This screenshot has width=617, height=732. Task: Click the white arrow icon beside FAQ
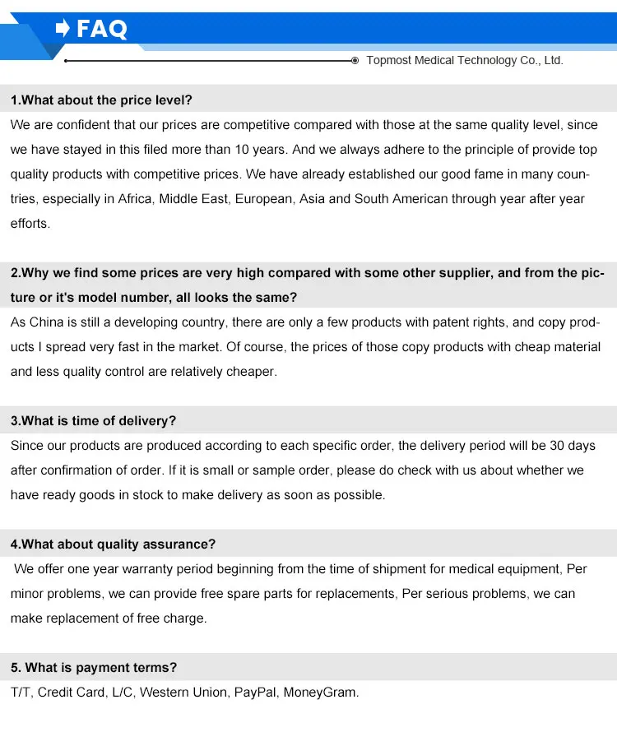[63, 29]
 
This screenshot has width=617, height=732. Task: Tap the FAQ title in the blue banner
[102, 30]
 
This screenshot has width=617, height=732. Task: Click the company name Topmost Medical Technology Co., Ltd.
[464, 60]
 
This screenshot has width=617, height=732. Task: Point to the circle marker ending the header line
[355, 61]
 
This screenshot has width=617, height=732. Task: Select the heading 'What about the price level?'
[101, 100]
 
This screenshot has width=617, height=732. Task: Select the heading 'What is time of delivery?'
[93, 421]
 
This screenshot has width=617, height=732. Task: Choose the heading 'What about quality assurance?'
[113, 544]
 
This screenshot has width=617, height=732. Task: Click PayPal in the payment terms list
[255, 693]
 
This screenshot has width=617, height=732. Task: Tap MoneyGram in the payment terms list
[321, 693]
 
